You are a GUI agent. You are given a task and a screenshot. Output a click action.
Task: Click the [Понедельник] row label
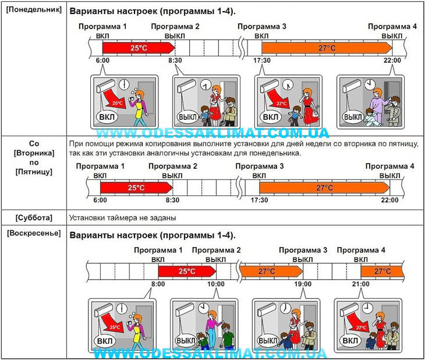point(34,10)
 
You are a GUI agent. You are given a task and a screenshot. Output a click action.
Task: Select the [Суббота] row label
point(34,218)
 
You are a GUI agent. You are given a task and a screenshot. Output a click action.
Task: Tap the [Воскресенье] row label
point(34,233)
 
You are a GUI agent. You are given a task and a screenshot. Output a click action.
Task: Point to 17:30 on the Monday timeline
point(262,60)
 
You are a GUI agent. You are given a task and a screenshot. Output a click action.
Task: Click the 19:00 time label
point(303,284)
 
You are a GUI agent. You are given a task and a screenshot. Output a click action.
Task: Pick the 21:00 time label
point(361,284)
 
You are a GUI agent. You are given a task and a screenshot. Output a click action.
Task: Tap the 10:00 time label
point(216,284)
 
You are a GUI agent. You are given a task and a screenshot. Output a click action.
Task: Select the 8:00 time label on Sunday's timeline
point(158,284)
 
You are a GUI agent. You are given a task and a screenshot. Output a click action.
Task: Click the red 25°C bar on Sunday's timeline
point(187,271)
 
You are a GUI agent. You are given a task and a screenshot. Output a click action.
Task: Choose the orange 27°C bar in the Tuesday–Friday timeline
point(324,188)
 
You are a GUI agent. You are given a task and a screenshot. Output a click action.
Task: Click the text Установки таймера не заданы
point(122,218)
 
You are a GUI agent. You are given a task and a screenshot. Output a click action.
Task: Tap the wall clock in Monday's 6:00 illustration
point(124,84)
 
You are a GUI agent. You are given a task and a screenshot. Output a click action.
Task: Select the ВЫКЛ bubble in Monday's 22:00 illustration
point(353,117)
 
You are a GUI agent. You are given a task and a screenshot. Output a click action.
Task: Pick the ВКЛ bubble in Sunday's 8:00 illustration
point(104,341)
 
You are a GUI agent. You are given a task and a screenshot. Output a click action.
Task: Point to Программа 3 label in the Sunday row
point(303,250)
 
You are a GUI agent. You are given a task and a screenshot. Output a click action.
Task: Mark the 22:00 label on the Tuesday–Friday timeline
point(389,200)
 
